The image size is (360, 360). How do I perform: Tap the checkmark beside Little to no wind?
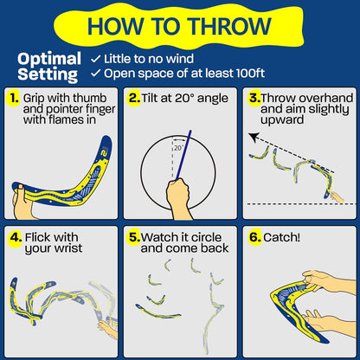tap(96, 58)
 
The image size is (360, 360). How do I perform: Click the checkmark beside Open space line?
tap(96, 73)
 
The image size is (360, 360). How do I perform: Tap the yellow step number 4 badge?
tap(12, 235)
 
